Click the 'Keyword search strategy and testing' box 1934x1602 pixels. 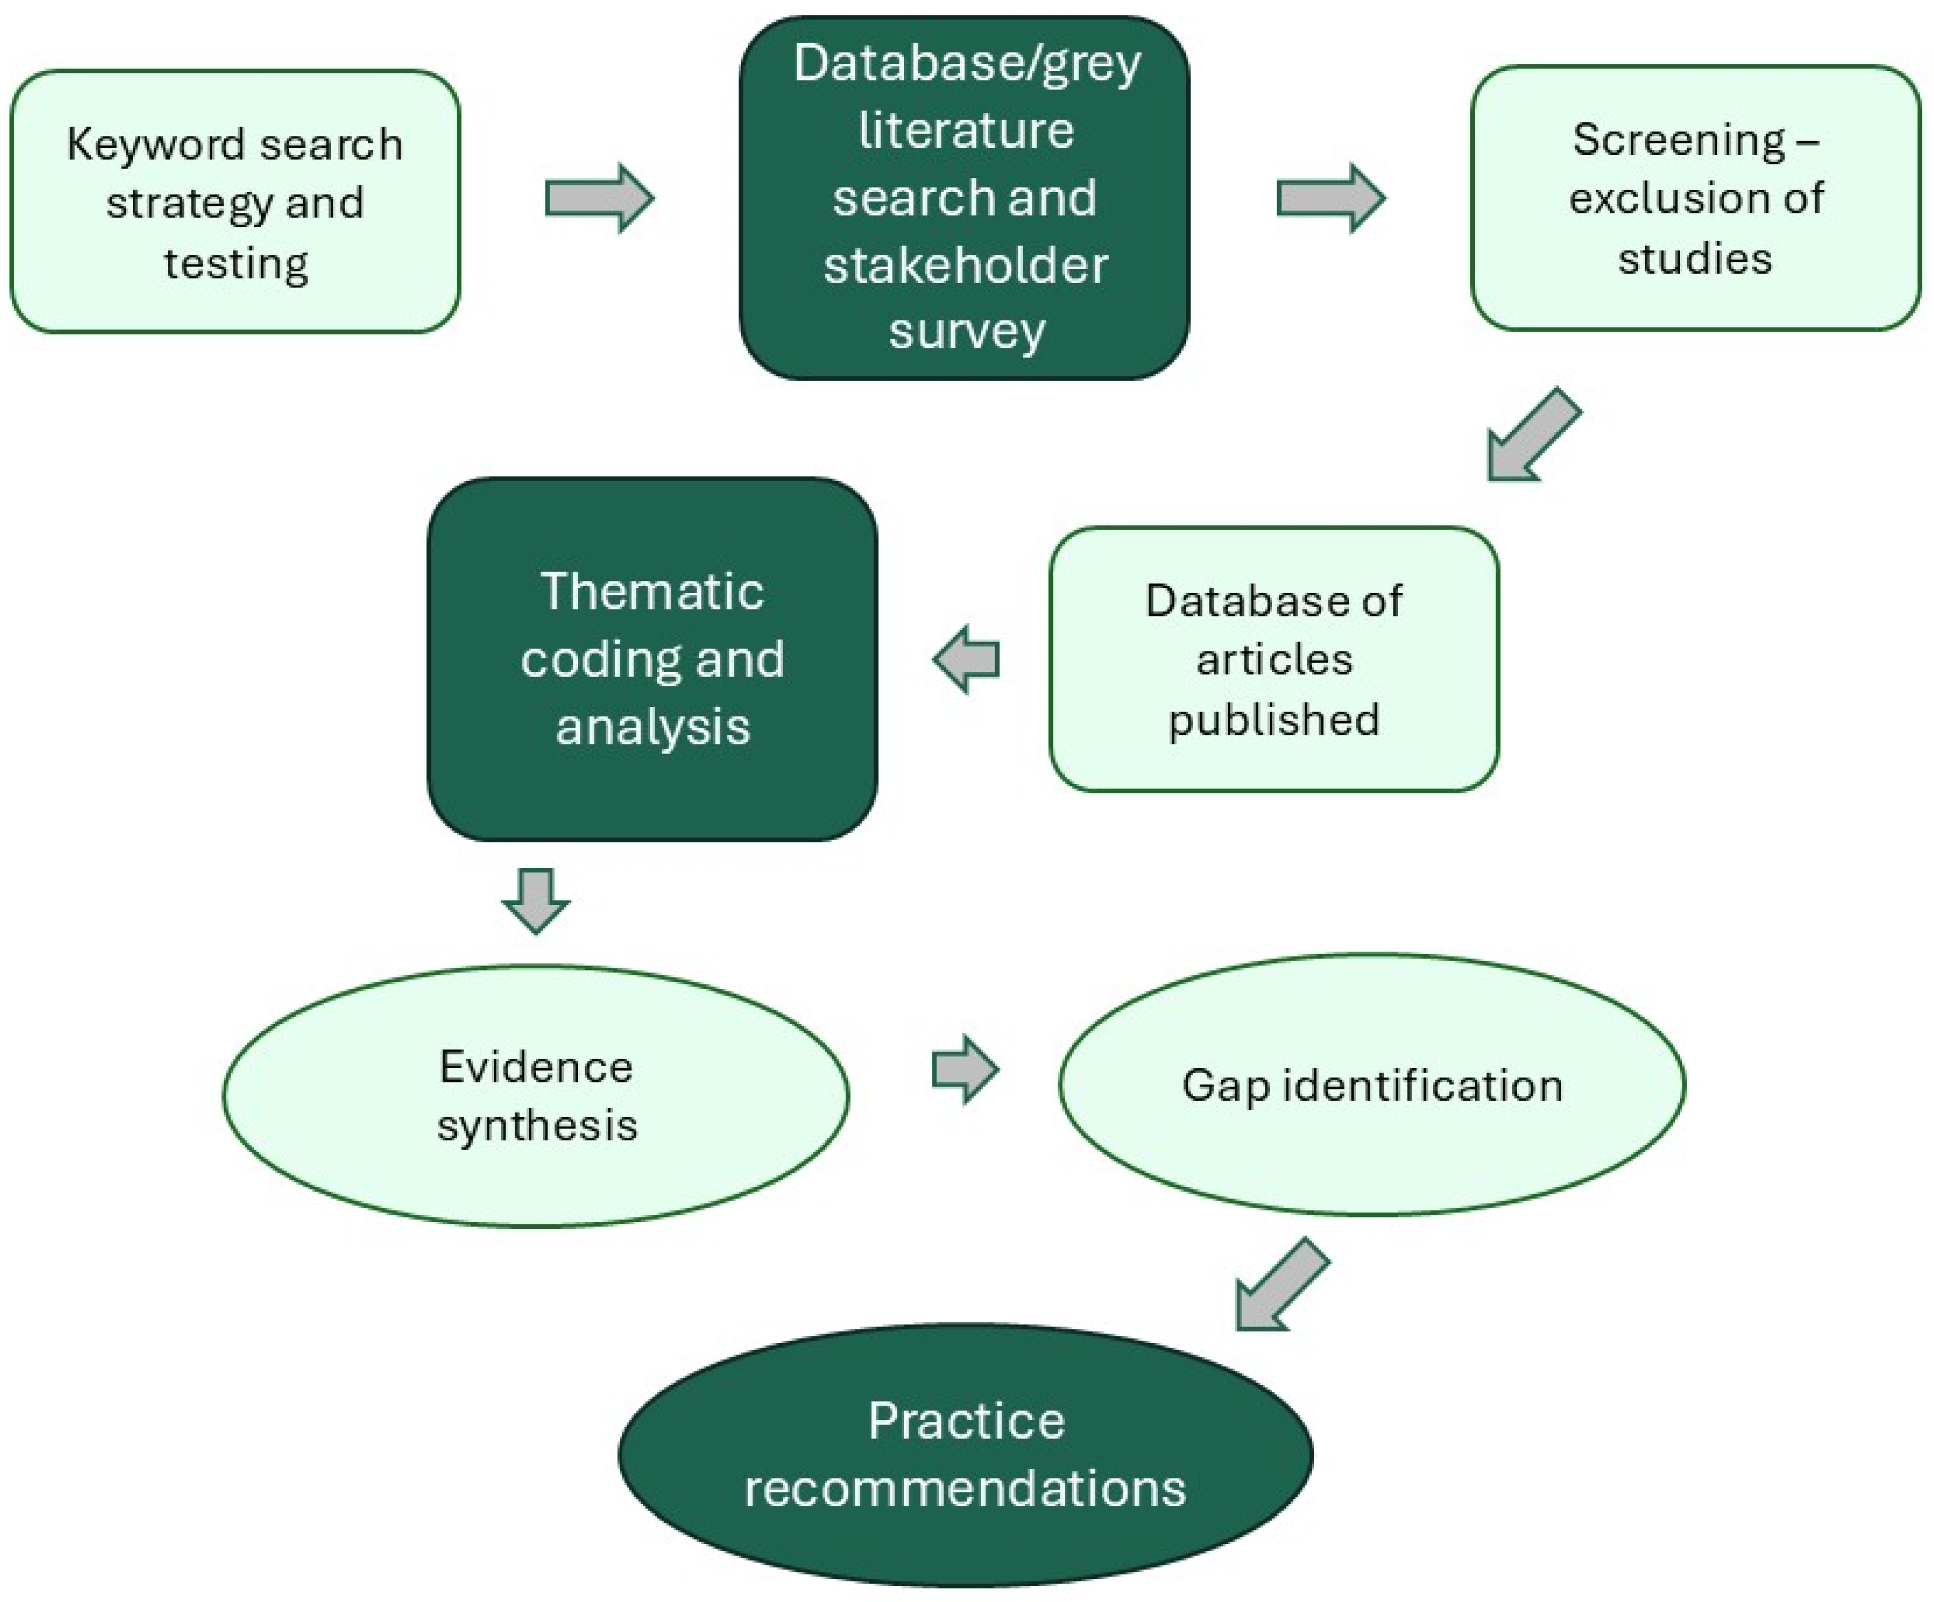click(x=235, y=201)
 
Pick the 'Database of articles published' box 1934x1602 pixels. click(x=1274, y=659)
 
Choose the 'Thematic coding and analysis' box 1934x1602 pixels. click(x=652, y=659)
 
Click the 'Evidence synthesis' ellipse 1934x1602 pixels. click(x=536, y=1095)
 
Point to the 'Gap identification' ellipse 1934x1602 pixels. click(x=1372, y=1084)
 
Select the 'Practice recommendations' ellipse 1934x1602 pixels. click(x=965, y=1455)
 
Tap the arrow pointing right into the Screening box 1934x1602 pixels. click(x=1331, y=198)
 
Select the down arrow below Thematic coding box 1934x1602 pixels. click(x=536, y=900)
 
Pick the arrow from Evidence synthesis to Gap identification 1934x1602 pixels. click(x=965, y=1069)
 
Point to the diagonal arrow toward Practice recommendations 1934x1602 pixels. click(x=1281, y=1284)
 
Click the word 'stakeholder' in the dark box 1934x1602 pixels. click(x=965, y=265)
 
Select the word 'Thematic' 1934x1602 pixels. click(x=652, y=591)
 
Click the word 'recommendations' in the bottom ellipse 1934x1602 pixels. click(x=965, y=1488)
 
